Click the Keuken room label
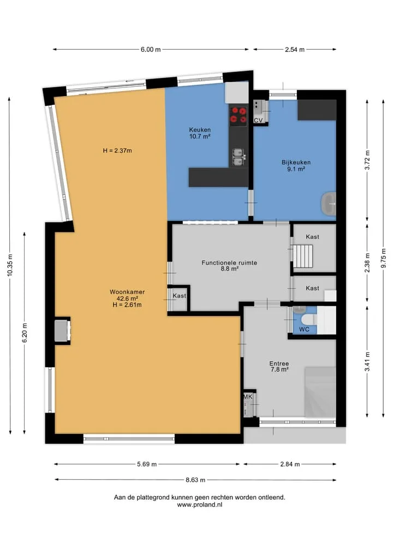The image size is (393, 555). [200, 130]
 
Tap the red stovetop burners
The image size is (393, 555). [239, 115]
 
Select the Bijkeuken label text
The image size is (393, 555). [296, 163]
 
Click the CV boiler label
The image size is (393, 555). [258, 121]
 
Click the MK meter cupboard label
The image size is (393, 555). [248, 397]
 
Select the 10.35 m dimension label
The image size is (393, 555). [10, 265]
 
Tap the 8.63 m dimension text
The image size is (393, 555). [195, 480]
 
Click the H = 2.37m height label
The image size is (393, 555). [117, 151]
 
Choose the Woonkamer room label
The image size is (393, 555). [127, 292]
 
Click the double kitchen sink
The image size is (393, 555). [238, 157]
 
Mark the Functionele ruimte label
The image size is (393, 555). [229, 262]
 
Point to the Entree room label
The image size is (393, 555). [279, 363]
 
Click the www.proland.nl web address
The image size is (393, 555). [200, 505]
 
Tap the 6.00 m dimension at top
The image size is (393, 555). [151, 50]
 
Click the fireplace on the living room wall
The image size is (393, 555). [62, 331]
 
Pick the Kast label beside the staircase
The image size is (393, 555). [312, 237]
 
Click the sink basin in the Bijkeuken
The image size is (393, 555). [329, 204]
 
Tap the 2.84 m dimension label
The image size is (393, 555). [290, 464]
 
